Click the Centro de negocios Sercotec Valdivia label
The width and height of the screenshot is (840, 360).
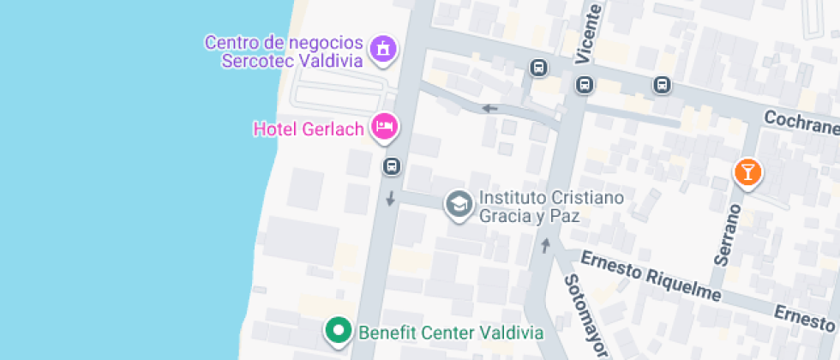pyautogui.click(x=285, y=51)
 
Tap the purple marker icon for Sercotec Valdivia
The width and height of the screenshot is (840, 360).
pyautogui.click(x=382, y=49)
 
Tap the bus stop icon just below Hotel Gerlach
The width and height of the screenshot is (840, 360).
pyautogui.click(x=392, y=165)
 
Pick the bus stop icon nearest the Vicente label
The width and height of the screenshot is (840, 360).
pyautogui.click(x=585, y=84)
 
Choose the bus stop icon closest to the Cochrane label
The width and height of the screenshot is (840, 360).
pyautogui.click(x=662, y=84)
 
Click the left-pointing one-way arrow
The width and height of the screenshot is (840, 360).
pyautogui.click(x=489, y=108)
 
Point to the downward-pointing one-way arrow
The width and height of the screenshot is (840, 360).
pyautogui.click(x=391, y=199)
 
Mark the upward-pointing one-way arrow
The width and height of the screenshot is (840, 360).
pyautogui.click(x=545, y=247)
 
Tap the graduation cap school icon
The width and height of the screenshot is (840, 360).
pyautogui.click(x=460, y=205)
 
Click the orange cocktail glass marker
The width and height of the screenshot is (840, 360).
pyautogui.click(x=747, y=172)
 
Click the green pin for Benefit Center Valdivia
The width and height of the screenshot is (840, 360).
pyautogui.click(x=339, y=330)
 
